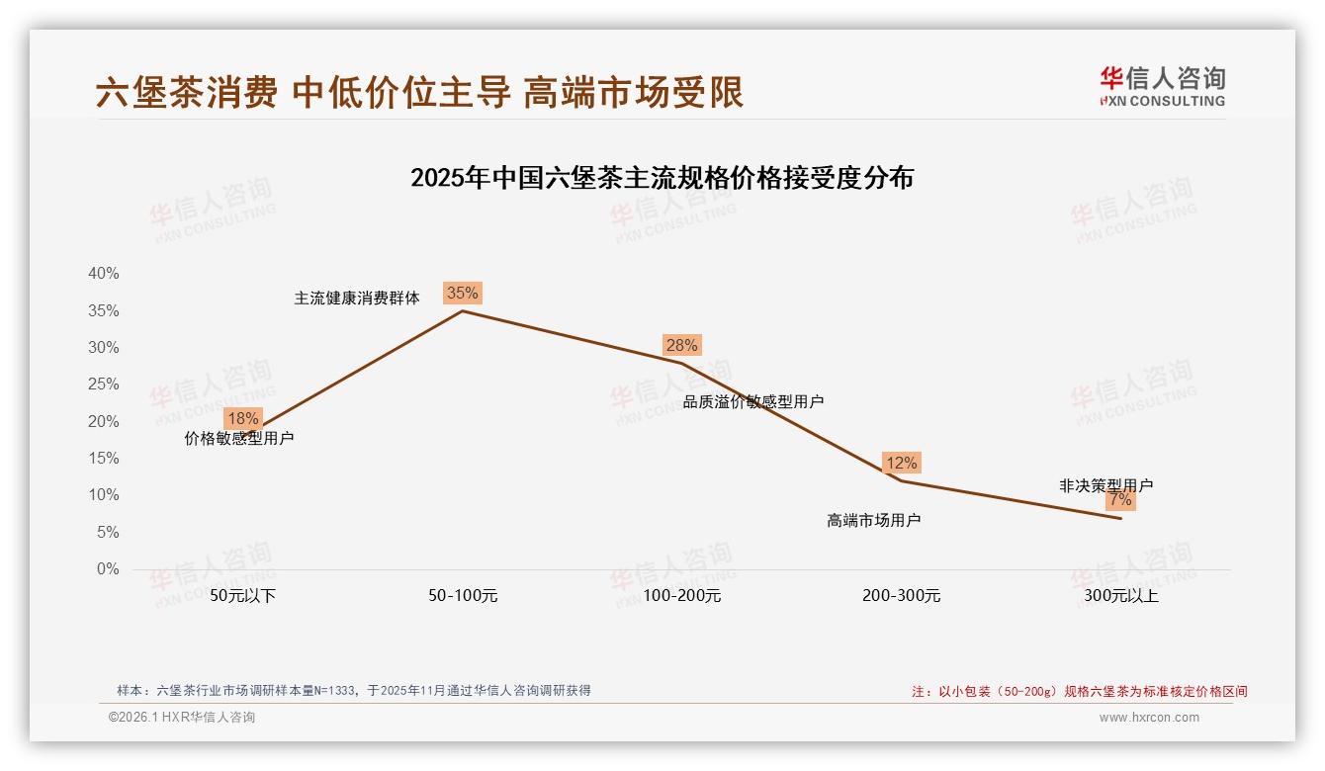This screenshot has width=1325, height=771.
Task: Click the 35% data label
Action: (x=462, y=293)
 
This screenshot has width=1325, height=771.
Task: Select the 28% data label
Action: (x=681, y=345)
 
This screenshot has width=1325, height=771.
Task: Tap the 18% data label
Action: (x=242, y=418)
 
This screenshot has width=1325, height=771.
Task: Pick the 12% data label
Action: (x=901, y=463)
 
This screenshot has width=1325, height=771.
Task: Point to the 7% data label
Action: (x=1120, y=500)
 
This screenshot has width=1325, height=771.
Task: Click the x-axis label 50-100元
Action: (x=463, y=596)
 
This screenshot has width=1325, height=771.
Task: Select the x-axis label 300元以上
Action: (x=1121, y=596)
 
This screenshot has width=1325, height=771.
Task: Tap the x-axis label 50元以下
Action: (x=243, y=596)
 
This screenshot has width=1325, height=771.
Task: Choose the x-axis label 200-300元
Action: (x=901, y=596)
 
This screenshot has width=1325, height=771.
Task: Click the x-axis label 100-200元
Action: (x=682, y=596)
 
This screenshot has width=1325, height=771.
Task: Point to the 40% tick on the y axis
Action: (x=104, y=274)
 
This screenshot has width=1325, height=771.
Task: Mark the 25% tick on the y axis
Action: (x=104, y=385)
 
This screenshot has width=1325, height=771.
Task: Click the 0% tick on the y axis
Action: (x=108, y=569)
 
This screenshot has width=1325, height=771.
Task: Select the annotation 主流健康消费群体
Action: (x=357, y=298)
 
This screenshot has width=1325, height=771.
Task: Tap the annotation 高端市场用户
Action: (x=873, y=520)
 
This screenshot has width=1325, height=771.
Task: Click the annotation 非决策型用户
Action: (x=1105, y=485)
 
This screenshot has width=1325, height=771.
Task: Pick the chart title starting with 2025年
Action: (x=662, y=178)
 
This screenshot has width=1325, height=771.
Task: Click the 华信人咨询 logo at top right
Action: (x=1162, y=86)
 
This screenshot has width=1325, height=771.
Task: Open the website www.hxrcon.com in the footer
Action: (x=1149, y=718)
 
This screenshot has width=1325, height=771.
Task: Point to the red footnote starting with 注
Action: (x=1079, y=692)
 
